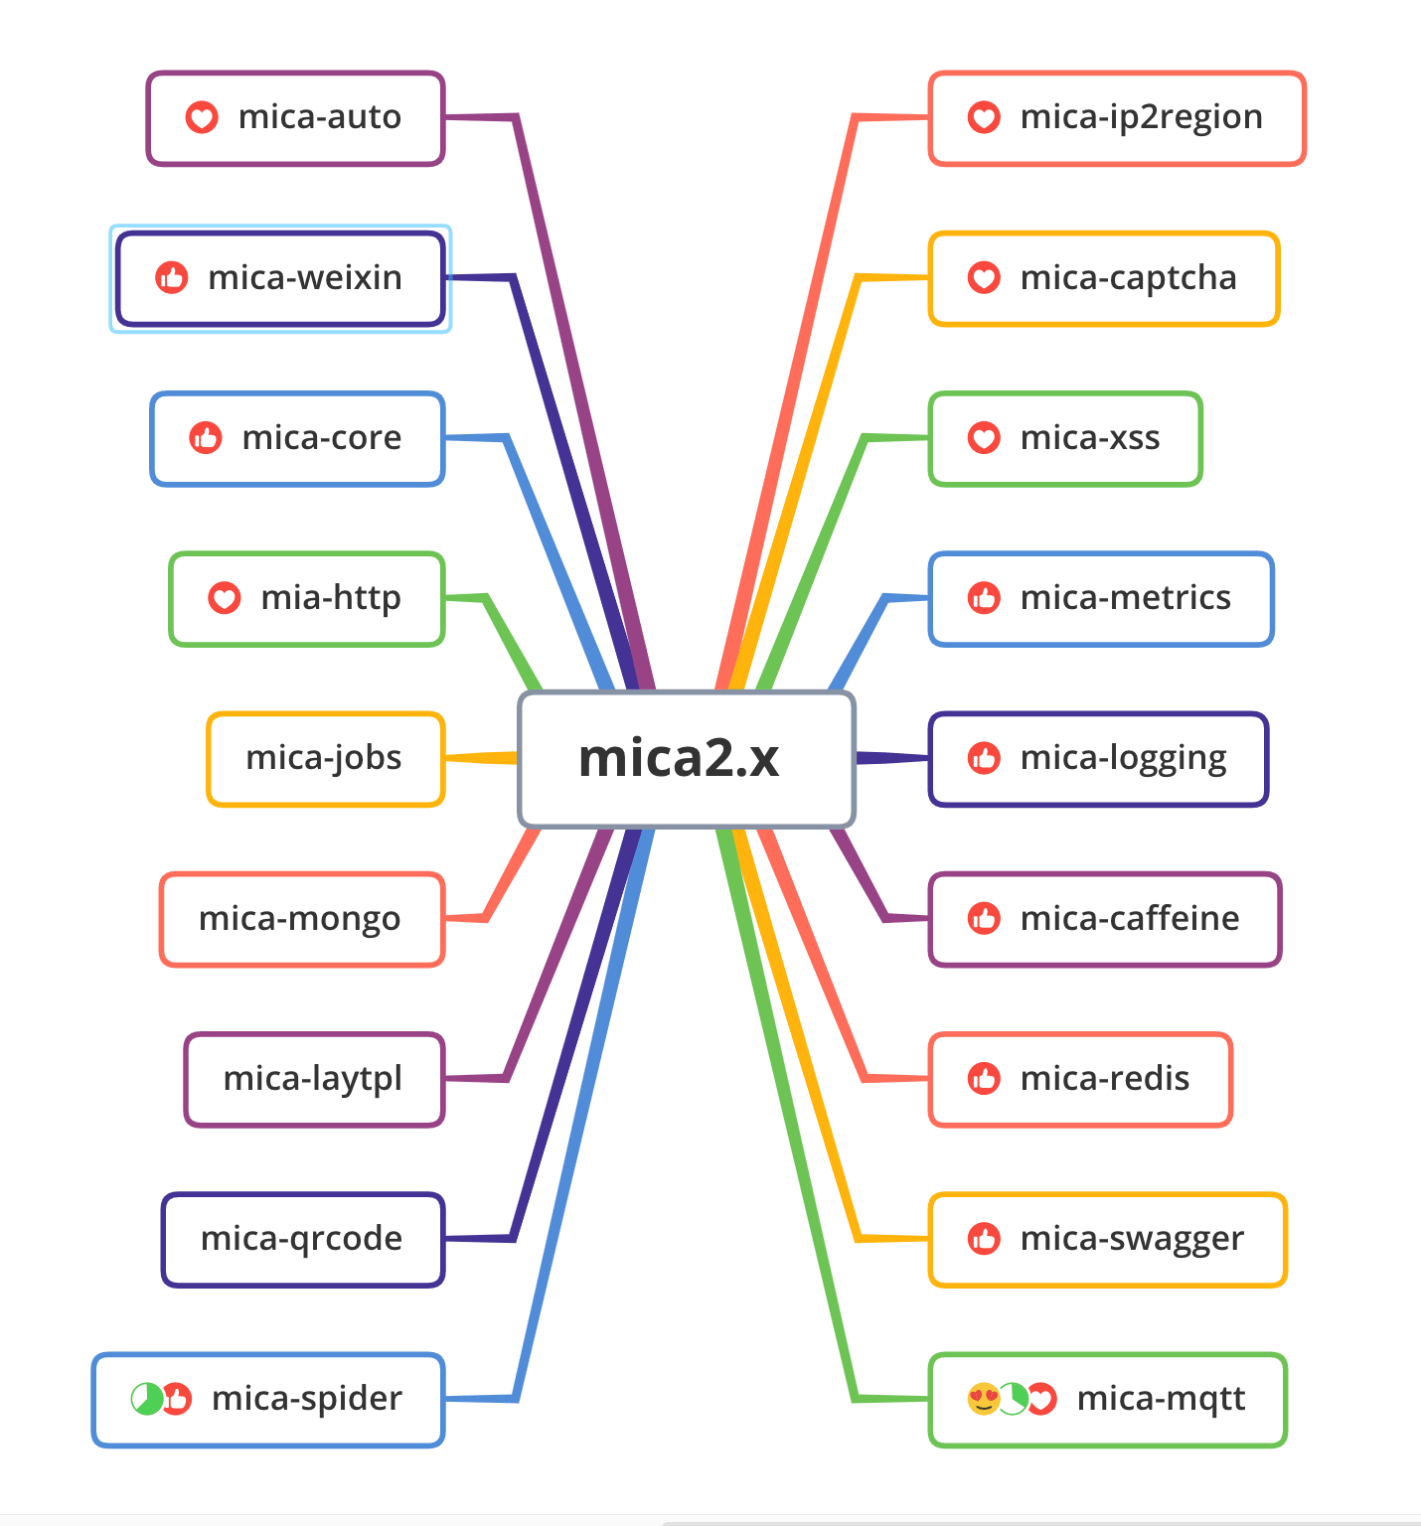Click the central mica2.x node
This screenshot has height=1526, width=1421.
click(686, 759)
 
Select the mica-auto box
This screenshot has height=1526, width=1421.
click(295, 118)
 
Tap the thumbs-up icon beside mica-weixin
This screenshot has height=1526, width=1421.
click(172, 278)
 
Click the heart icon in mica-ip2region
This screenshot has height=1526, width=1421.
click(984, 117)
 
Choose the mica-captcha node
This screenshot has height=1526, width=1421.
click(1103, 278)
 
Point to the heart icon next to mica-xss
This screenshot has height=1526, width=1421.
click(984, 438)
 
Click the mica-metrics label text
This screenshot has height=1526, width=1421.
click(1125, 598)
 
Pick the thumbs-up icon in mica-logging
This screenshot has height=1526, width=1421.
click(984, 758)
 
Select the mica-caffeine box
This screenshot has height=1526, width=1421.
click(1104, 919)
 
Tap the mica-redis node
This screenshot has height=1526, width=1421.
click(1080, 1079)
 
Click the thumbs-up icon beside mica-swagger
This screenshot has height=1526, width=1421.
click(984, 1239)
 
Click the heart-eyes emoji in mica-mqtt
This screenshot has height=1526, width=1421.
click(983, 1399)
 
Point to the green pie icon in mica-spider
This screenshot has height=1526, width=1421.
click(146, 1399)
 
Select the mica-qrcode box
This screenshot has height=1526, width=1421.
click(303, 1239)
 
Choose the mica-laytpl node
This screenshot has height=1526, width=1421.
click(314, 1079)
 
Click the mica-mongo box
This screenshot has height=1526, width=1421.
click(301, 919)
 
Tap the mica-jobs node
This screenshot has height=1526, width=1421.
click(325, 758)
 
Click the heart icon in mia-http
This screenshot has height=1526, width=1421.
click(225, 598)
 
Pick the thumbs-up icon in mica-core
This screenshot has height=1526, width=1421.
click(206, 438)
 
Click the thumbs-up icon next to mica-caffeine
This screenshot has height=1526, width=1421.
click(984, 919)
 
